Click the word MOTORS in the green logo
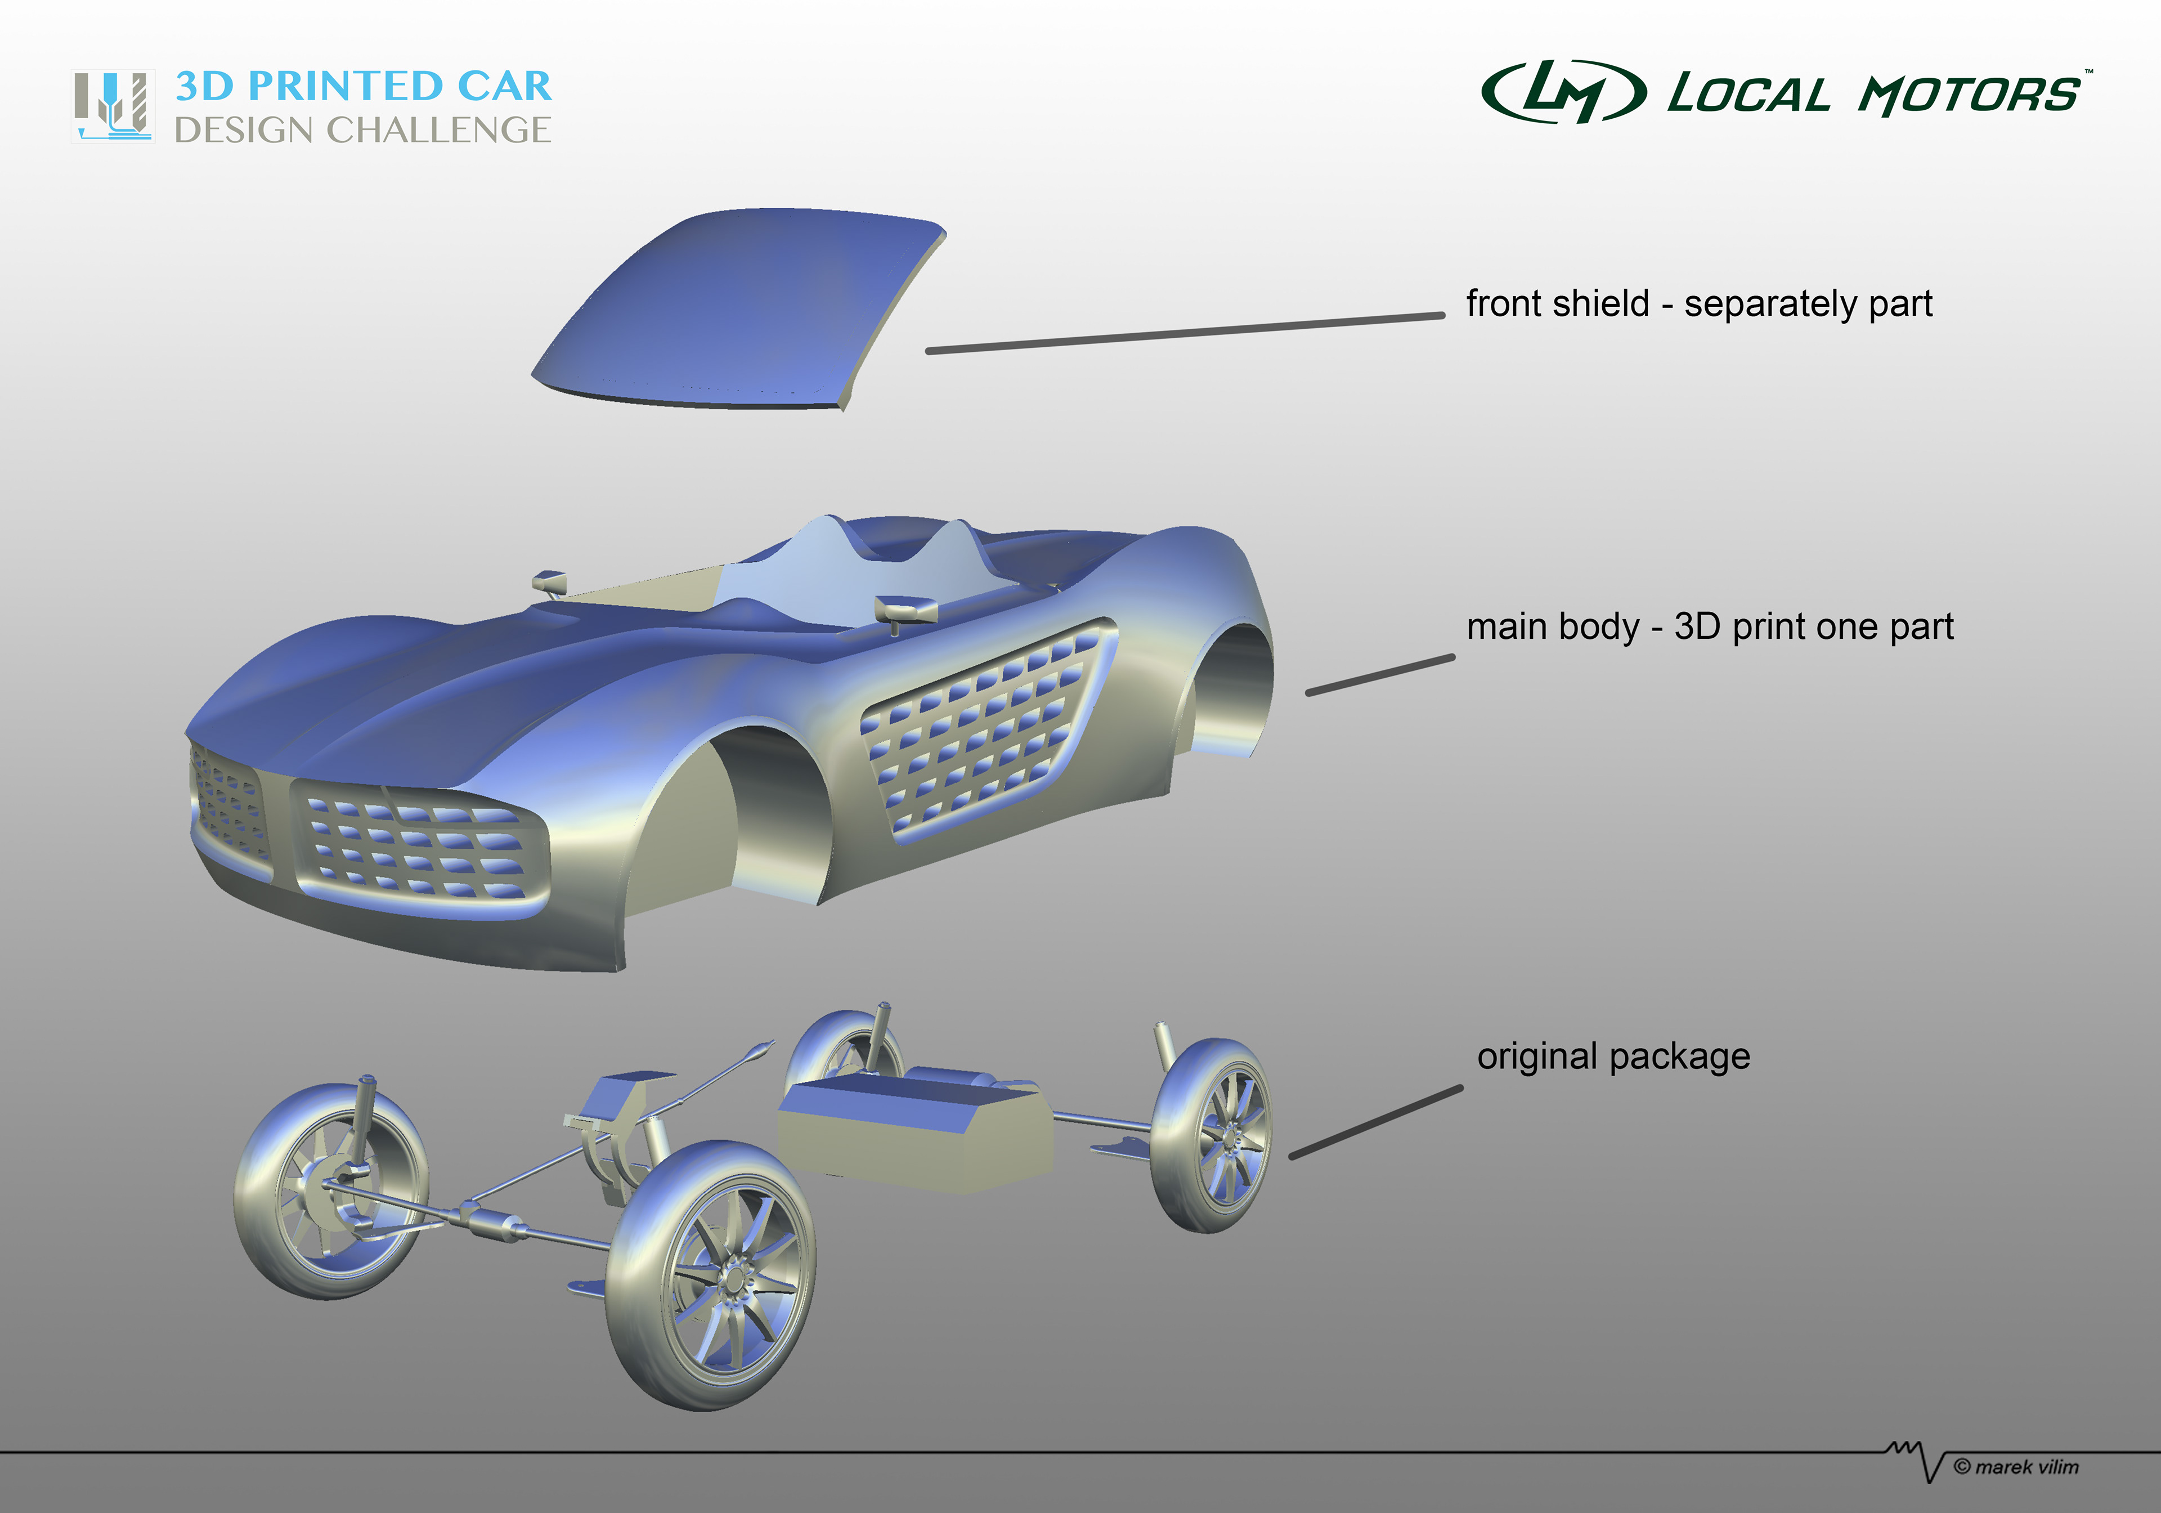coord(1969,95)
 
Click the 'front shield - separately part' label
coord(1699,303)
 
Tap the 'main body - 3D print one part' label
coord(1709,626)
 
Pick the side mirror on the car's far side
coord(549,582)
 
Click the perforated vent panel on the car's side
coord(984,729)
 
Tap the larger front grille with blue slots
coord(419,847)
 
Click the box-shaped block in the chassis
coord(913,1130)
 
